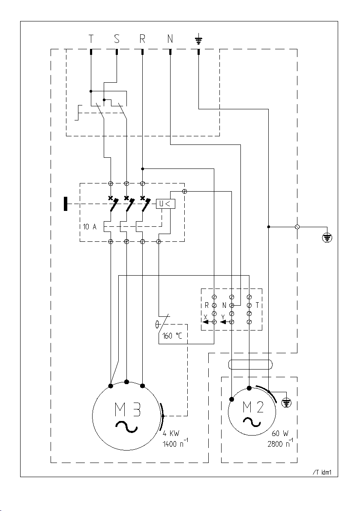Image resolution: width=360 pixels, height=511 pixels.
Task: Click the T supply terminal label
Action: (91, 39)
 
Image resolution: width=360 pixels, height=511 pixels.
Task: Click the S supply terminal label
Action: (117, 39)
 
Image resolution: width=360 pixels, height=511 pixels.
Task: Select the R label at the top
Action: (142, 39)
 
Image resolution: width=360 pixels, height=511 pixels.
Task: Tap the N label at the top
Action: (170, 39)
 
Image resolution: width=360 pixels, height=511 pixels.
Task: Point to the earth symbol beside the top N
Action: (198, 40)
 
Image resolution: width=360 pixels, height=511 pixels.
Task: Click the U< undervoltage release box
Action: (165, 204)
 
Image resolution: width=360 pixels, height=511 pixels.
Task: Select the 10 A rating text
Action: (90, 226)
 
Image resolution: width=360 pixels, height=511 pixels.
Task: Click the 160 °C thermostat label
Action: (173, 335)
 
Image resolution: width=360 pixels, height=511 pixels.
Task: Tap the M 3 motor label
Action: (128, 410)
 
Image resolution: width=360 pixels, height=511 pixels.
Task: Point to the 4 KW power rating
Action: (171, 434)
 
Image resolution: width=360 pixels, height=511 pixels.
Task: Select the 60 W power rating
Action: (280, 434)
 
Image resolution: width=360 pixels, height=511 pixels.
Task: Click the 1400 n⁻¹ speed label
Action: (175, 444)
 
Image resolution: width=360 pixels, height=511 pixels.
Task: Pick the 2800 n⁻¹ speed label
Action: (280, 444)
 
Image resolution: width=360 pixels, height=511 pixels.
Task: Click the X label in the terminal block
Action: (205, 317)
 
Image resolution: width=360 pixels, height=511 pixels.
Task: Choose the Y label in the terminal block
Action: (223, 317)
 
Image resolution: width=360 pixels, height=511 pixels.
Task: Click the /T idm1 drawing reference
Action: (322, 472)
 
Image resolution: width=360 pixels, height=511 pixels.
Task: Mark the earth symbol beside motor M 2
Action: (286, 403)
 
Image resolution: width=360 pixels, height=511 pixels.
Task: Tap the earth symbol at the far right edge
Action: (327, 238)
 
